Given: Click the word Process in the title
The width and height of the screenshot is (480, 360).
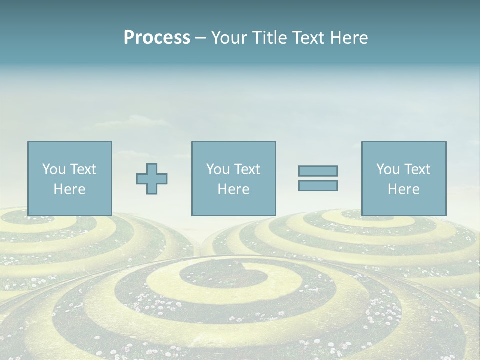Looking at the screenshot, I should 157,38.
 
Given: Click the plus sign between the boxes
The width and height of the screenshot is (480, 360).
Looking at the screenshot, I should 152,179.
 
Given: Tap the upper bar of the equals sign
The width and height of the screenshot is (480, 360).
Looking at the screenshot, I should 318,171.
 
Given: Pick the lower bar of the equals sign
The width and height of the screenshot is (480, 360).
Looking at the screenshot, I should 318,185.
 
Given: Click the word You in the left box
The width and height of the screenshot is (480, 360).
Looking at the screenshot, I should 54,169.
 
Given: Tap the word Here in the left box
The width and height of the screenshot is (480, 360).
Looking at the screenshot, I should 69,189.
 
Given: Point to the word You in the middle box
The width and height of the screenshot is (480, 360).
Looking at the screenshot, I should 218,169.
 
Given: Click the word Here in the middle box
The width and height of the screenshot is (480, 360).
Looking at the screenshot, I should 233,189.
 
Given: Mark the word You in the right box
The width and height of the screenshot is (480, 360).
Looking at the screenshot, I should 388,169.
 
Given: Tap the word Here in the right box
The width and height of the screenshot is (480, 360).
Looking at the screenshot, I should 403,189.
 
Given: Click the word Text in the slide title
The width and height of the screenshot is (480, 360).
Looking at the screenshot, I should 305,38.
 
